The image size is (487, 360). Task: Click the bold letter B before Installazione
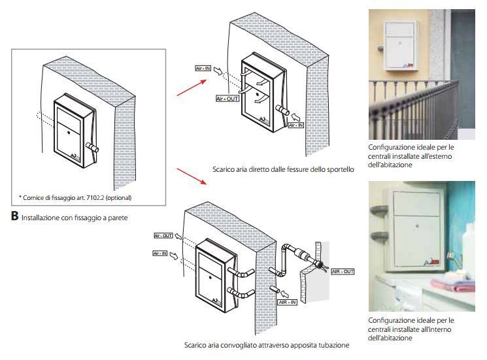(x=14, y=216)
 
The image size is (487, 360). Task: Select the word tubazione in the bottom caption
(x=333, y=344)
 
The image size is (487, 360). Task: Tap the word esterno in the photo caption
(x=439, y=156)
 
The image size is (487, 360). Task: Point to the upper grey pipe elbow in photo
(x=380, y=211)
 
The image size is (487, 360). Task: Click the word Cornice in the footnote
(x=34, y=197)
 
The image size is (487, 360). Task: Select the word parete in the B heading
(x=116, y=217)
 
